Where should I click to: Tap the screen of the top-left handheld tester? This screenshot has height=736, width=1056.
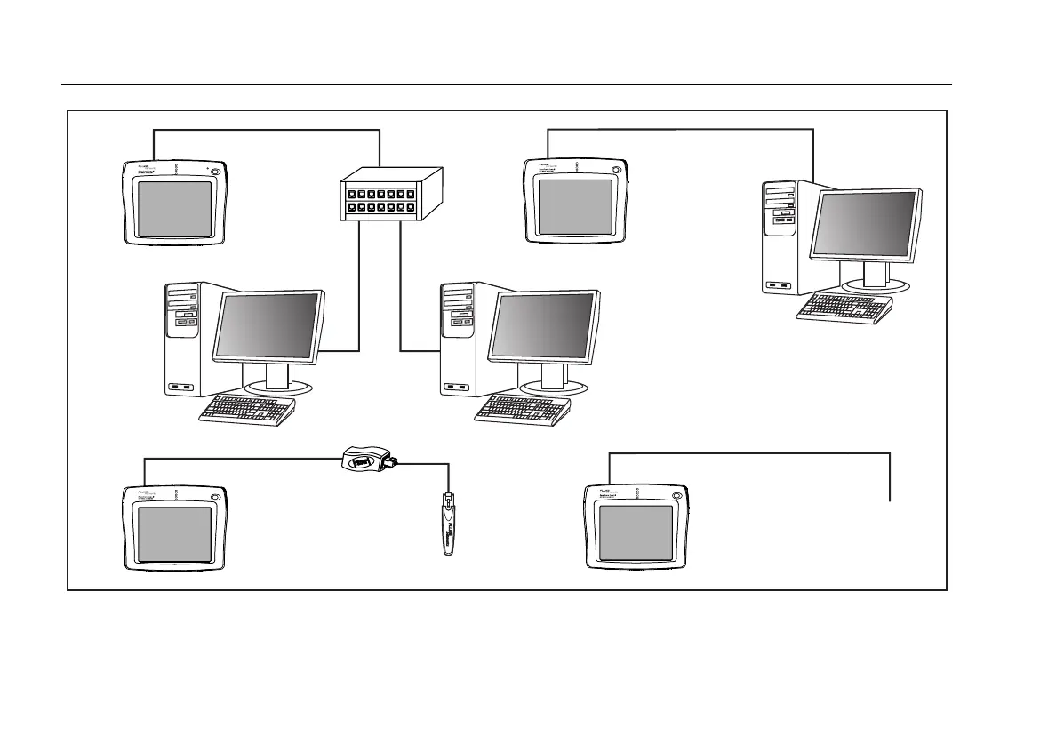pos(174,209)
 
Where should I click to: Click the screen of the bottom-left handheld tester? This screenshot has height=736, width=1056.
pos(174,534)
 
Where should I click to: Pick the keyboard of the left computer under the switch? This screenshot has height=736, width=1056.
pos(246,410)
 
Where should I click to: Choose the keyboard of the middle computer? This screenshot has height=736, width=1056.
pos(523,409)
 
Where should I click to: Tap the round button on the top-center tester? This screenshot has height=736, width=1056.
pos(615,171)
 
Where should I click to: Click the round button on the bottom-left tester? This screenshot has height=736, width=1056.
pos(213,497)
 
